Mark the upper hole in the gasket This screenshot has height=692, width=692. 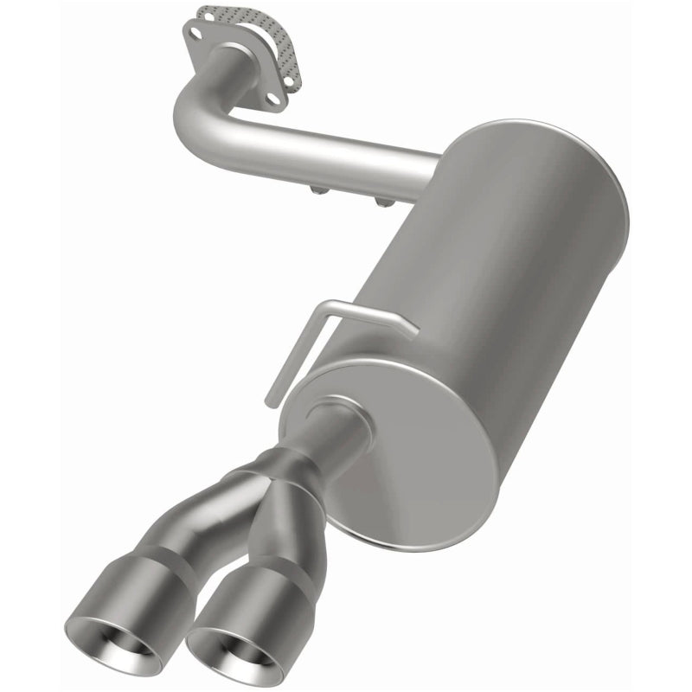[x=208, y=16]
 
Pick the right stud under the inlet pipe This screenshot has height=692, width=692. [x=381, y=201]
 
